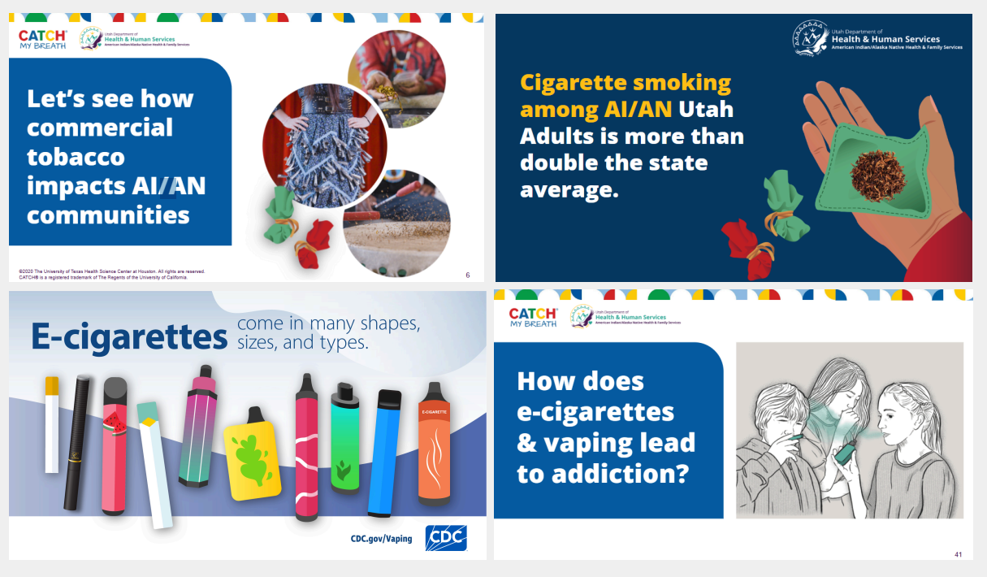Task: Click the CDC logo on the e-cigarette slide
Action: (446, 538)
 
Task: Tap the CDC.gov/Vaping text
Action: (381, 538)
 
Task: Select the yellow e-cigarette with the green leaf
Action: (253, 453)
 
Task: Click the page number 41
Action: (959, 554)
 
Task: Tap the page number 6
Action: (468, 275)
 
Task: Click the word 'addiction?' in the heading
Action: (602, 473)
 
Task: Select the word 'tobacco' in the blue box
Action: (76, 156)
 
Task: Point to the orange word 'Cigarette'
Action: (573, 82)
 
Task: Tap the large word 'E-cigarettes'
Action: (129, 336)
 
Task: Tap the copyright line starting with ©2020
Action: (111, 271)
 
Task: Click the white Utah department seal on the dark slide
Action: (811, 38)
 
